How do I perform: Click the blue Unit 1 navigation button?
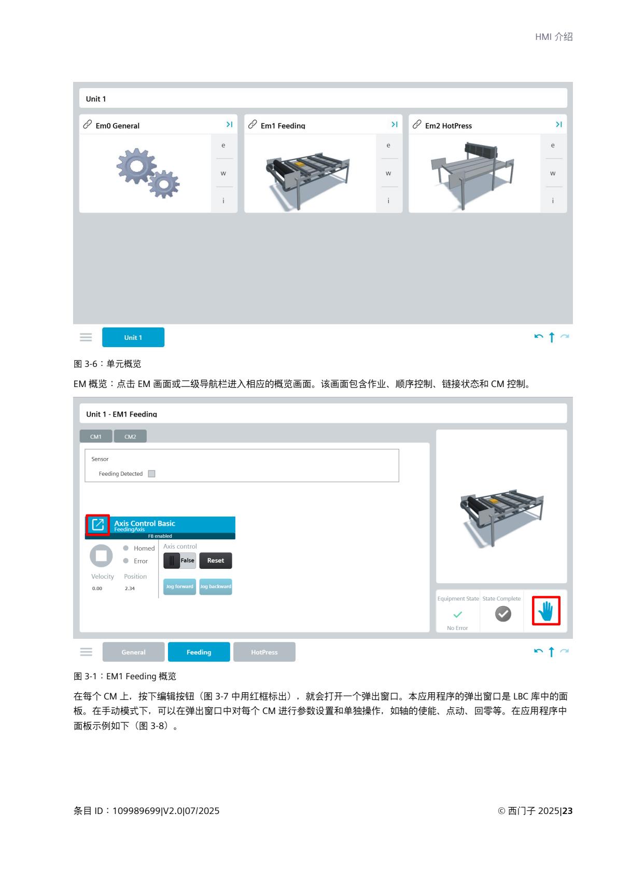[133, 337]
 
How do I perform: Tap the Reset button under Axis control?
[215, 561]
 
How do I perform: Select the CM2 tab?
[130, 436]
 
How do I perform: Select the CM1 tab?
[96, 436]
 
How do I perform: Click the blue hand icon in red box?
[546, 611]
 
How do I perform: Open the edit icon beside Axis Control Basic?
[98, 525]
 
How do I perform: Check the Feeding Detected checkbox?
[151, 474]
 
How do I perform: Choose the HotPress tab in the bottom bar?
[264, 652]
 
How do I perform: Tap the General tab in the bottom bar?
[133, 652]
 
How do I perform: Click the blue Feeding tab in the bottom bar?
[199, 652]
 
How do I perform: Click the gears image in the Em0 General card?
[148, 173]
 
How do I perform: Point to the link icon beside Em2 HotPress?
[417, 124]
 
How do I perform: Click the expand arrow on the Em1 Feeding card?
[394, 124]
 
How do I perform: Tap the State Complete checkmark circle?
[503, 614]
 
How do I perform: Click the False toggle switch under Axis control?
[179, 561]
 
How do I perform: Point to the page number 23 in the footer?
[568, 810]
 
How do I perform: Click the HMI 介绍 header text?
[554, 37]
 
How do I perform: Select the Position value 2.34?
[130, 588]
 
